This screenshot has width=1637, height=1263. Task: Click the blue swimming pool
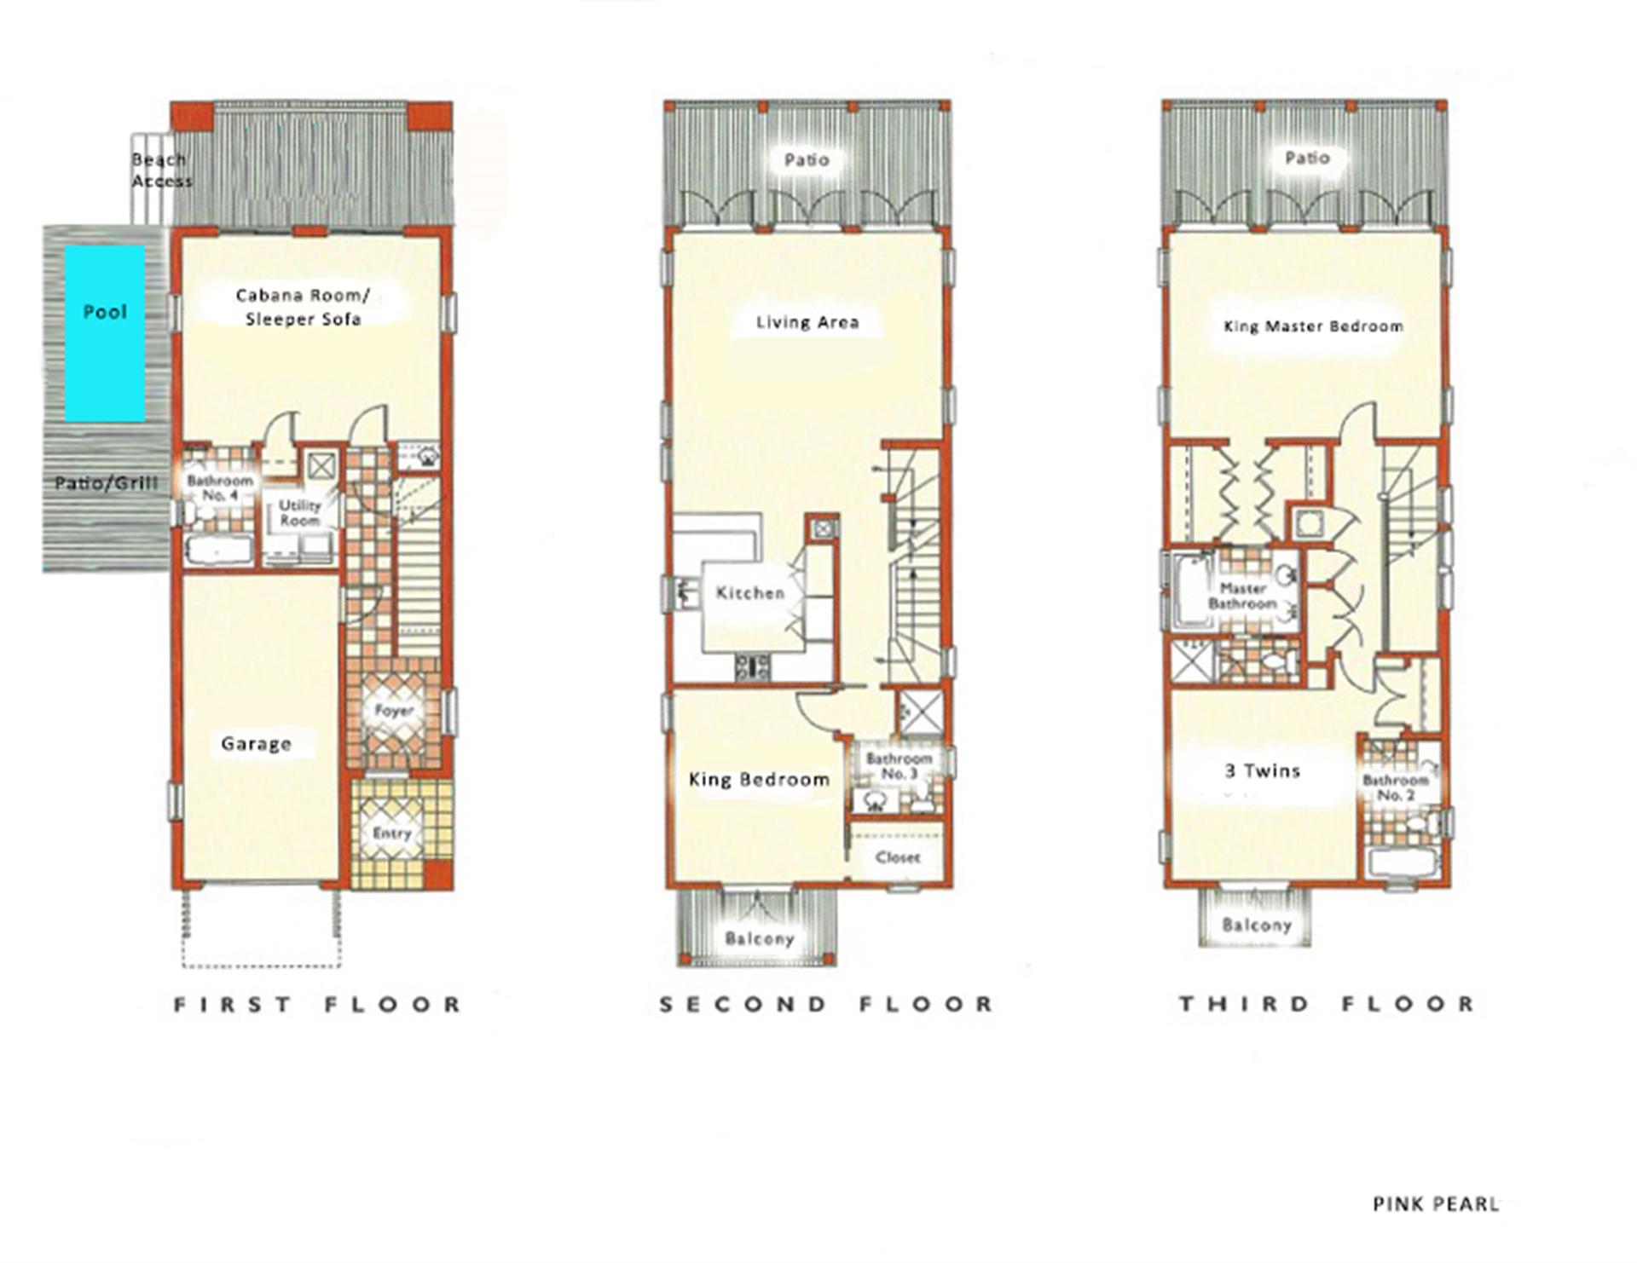pyautogui.click(x=105, y=333)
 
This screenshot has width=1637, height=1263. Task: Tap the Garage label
pyautogui.click(x=256, y=744)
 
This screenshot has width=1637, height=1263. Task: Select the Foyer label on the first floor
pyautogui.click(x=394, y=710)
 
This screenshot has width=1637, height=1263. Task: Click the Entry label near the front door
pyautogui.click(x=392, y=833)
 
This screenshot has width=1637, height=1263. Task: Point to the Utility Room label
pyautogui.click(x=299, y=513)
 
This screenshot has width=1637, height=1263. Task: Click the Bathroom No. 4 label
pyautogui.click(x=220, y=487)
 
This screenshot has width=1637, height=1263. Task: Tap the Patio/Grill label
pyautogui.click(x=107, y=484)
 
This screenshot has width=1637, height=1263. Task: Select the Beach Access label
pyautogui.click(x=162, y=170)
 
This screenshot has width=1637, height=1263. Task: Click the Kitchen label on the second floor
pyautogui.click(x=750, y=593)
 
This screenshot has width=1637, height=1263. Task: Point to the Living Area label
pyautogui.click(x=807, y=322)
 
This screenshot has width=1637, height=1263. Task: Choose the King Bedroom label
pyautogui.click(x=759, y=780)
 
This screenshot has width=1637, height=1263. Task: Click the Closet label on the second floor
pyautogui.click(x=898, y=857)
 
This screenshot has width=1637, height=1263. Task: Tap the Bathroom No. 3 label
pyautogui.click(x=899, y=766)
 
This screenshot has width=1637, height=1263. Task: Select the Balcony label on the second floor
pyautogui.click(x=760, y=938)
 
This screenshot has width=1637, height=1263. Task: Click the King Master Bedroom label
pyautogui.click(x=1313, y=326)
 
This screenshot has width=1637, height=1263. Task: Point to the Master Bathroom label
pyautogui.click(x=1242, y=596)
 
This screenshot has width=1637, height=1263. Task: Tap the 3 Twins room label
pyautogui.click(x=1263, y=771)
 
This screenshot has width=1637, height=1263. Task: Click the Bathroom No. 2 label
pyautogui.click(x=1395, y=787)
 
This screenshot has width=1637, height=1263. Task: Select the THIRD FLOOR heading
pyautogui.click(x=1328, y=1004)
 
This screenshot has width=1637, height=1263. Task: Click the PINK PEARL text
pyautogui.click(x=1436, y=1204)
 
